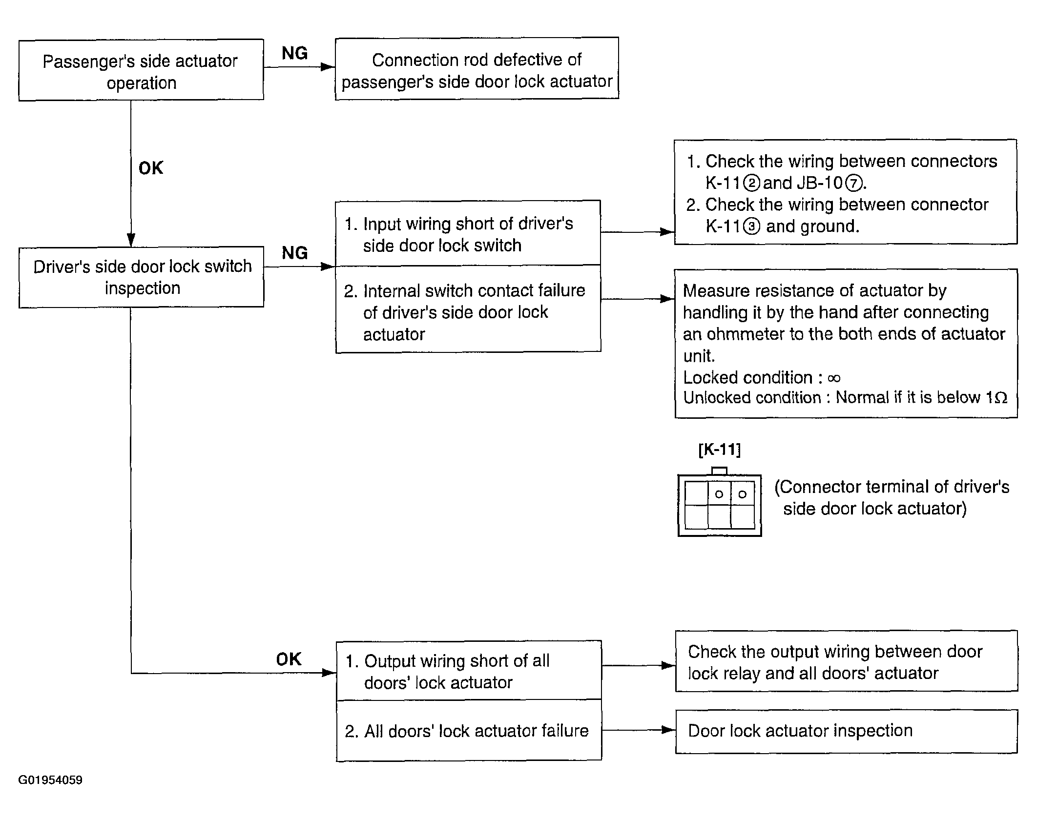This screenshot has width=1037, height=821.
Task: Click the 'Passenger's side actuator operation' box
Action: coord(141,70)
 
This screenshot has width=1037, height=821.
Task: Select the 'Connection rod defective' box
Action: coord(477,69)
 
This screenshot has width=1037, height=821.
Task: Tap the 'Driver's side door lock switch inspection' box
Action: coord(141,277)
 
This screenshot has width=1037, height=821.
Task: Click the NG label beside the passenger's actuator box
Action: coord(295,53)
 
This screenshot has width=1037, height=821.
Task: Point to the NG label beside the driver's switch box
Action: coord(295,253)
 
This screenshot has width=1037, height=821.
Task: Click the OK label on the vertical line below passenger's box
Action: coord(151,168)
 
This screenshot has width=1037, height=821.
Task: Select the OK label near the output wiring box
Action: coord(289,659)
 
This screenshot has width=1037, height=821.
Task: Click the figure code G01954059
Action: coord(50,780)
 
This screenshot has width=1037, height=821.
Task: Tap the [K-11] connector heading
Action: coord(720,450)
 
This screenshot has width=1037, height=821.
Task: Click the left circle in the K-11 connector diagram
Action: coord(719,494)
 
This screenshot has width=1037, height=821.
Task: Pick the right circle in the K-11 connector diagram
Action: coord(743,494)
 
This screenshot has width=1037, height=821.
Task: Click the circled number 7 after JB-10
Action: coord(853,184)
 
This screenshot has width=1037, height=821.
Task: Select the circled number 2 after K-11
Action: coord(752,184)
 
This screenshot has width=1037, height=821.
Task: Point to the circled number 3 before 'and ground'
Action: coord(752,227)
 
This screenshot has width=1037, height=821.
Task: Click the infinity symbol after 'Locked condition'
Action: coord(834,378)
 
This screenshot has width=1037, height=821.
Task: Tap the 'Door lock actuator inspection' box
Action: coord(847,732)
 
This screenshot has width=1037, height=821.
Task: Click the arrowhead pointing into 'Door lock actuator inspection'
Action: coord(668,730)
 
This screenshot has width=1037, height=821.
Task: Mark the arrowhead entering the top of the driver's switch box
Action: coord(131,240)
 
